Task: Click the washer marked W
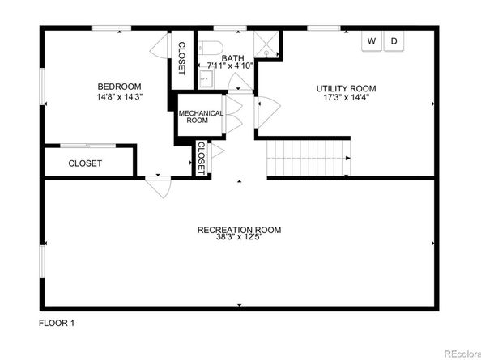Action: click(x=372, y=41)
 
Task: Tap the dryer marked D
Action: click(x=394, y=41)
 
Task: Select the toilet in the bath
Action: click(x=211, y=48)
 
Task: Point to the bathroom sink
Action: click(x=206, y=78)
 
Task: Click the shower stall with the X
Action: click(x=266, y=44)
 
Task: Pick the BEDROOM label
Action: click(x=119, y=87)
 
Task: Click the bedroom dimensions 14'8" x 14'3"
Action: click(x=120, y=97)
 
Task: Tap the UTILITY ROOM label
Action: click(x=346, y=88)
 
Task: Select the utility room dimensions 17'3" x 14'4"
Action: click(x=346, y=97)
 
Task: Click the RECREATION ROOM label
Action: click(x=239, y=230)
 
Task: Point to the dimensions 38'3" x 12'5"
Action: click(x=239, y=237)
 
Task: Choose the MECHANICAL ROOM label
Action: click(x=201, y=116)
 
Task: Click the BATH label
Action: click(x=233, y=58)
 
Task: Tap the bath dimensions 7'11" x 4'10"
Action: click(x=230, y=66)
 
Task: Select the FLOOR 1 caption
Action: click(x=57, y=323)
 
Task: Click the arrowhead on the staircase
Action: click(x=348, y=158)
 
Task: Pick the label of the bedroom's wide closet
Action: click(x=85, y=163)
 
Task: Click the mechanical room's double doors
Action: click(x=234, y=115)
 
